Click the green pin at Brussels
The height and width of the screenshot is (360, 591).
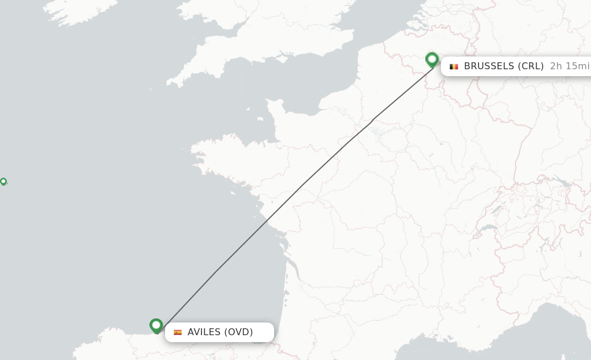(x=432, y=59)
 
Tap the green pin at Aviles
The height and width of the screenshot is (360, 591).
(x=156, y=325)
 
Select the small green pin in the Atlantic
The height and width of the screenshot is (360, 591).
(x=3, y=181)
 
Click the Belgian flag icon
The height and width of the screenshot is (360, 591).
(x=454, y=66)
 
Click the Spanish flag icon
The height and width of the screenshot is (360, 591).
(x=178, y=332)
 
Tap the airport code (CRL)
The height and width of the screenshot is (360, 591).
(x=530, y=66)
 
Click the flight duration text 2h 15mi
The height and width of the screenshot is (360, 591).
(x=570, y=66)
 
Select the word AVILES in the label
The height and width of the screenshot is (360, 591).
(x=204, y=332)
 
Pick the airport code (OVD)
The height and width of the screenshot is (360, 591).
(x=238, y=332)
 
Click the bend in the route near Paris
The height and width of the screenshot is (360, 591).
(x=373, y=119)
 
